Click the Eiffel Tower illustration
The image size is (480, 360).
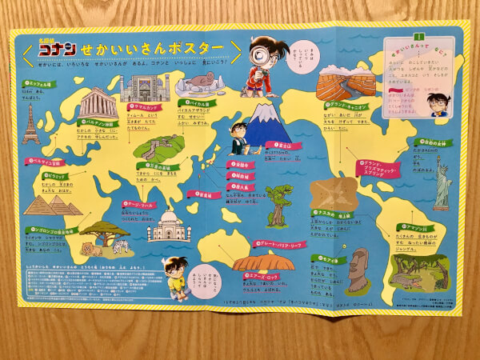[31, 123]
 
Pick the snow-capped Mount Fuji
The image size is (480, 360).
[267, 126]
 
